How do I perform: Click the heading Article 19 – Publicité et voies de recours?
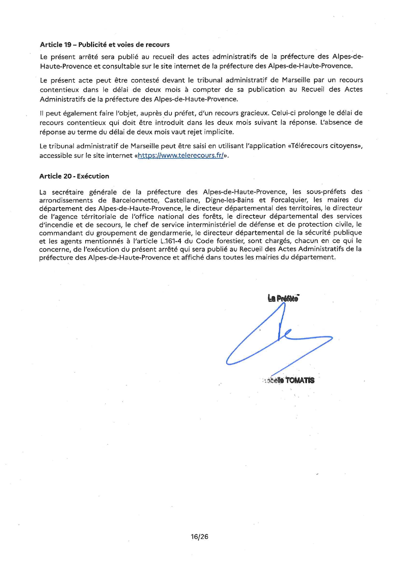pyautogui.click(x=105, y=45)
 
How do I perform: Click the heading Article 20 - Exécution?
pyautogui.click(x=74, y=176)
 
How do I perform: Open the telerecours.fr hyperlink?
pyautogui.click(x=181, y=156)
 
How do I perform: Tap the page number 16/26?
pyautogui.click(x=199, y=537)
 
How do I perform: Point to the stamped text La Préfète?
pyautogui.click(x=283, y=298)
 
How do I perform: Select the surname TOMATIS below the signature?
pyautogui.click(x=300, y=380)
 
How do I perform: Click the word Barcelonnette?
pyautogui.click(x=135, y=200)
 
